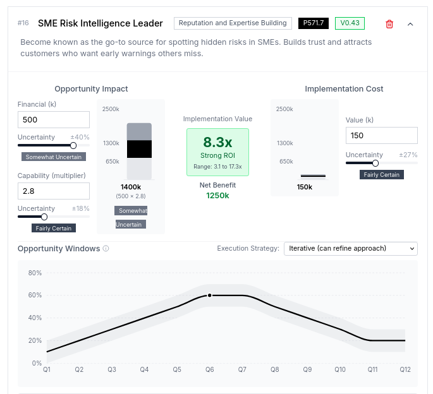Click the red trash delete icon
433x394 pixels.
point(389,24)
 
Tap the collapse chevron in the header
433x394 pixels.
point(410,24)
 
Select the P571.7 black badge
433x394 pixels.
point(314,23)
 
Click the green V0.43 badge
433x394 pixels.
point(350,23)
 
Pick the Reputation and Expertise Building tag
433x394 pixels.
point(233,23)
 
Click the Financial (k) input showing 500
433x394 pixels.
point(54,120)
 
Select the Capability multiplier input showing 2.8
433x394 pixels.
point(54,191)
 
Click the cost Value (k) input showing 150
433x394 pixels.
point(381,136)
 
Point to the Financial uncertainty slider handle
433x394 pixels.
point(73,145)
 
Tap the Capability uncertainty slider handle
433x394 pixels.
point(44,217)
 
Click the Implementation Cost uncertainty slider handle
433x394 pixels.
point(375,163)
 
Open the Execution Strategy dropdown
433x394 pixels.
point(350,249)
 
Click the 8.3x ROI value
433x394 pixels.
point(217,142)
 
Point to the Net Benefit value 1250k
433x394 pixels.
point(217,196)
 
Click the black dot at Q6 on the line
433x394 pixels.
point(210,295)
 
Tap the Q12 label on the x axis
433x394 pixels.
point(405,369)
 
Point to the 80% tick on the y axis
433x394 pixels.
point(35,273)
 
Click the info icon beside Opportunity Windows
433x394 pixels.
point(106,249)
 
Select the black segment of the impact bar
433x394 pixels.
point(139,149)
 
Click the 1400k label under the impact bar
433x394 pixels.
point(131,187)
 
